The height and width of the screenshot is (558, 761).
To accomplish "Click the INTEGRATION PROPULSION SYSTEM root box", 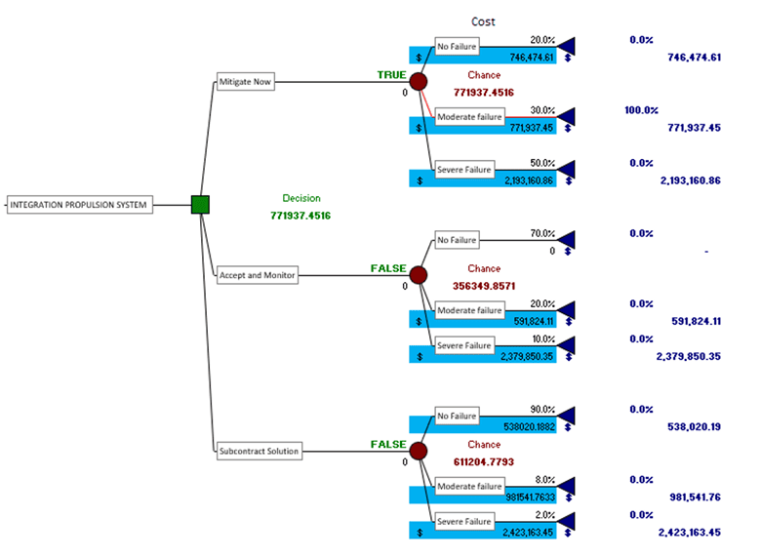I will [79, 205].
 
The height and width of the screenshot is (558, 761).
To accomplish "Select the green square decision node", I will [200, 205].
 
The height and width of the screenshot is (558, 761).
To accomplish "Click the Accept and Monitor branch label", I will [257, 275].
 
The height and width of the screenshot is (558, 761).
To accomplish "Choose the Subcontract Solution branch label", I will [260, 451].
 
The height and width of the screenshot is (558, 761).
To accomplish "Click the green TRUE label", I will [391, 74].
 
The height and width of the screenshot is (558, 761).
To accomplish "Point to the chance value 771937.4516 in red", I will [483, 92].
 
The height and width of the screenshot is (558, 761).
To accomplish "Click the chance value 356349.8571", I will [483, 286].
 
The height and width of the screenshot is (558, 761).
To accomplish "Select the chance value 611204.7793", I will [483, 460].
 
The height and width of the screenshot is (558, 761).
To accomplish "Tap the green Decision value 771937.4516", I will [300, 215].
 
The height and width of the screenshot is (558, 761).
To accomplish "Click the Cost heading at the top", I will [484, 20].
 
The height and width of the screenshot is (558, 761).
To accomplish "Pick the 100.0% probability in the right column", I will [641, 110].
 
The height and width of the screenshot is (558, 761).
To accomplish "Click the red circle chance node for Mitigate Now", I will [419, 82].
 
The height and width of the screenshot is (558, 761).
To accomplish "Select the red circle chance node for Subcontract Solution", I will [419, 451].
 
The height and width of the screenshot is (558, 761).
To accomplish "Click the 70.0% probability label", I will [541, 234].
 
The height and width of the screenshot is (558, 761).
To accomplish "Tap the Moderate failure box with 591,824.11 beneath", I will [469, 310].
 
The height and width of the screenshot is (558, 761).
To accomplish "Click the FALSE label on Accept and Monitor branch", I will [388, 267].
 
